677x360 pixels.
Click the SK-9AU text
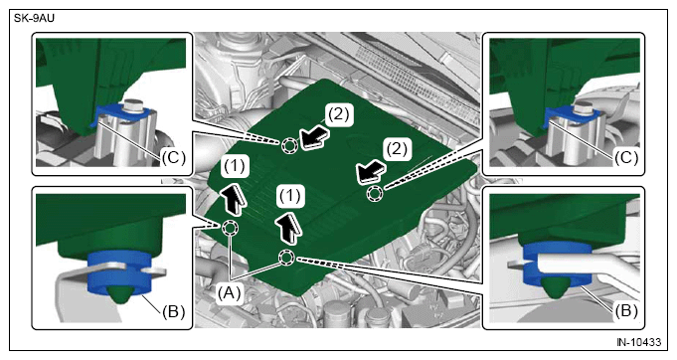coord(35,18)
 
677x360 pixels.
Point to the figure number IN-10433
coord(638,342)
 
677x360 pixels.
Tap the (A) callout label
coord(229,293)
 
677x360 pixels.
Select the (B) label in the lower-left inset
coord(174,311)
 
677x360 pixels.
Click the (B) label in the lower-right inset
coord(625,310)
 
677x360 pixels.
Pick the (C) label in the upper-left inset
coord(174,157)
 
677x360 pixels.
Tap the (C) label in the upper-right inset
coord(626,157)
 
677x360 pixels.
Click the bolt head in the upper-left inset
coord(133,104)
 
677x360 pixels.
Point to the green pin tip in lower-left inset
coord(120,294)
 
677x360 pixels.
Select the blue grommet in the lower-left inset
coord(119,271)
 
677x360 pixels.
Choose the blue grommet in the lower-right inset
coord(557,267)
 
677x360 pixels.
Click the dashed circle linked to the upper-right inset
coord(375,193)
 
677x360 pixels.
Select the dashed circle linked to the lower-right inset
coord(286,259)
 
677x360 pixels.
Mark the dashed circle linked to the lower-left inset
coord(230,227)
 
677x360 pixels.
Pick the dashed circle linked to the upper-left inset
coord(289,146)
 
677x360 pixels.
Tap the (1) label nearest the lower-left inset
coord(235,166)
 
